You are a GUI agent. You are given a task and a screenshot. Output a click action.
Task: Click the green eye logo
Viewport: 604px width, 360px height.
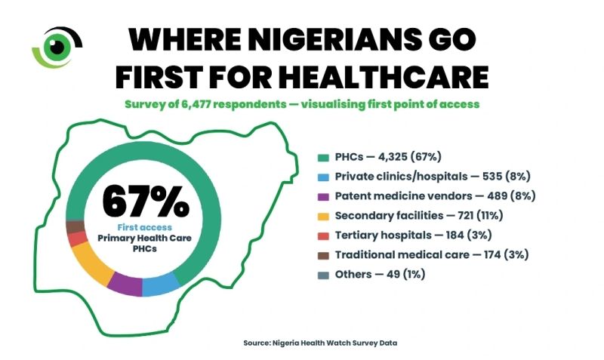[x=54, y=46]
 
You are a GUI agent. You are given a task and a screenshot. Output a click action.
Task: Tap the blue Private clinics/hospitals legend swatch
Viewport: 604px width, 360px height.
[x=322, y=176]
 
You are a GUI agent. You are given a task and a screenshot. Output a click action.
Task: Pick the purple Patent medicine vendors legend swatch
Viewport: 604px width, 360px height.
[x=322, y=195]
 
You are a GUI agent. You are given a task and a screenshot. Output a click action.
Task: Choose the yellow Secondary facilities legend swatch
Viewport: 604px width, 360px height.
[x=322, y=216]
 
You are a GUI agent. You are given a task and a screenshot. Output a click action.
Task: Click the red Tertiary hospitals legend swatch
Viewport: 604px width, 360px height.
[x=322, y=235]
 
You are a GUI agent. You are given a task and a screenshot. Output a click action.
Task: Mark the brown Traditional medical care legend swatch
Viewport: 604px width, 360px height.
[x=322, y=255]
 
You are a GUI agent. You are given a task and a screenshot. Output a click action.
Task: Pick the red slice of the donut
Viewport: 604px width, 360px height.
[x=76, y=240]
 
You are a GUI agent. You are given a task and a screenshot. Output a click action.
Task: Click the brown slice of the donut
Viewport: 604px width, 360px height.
[x=74, y=226]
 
